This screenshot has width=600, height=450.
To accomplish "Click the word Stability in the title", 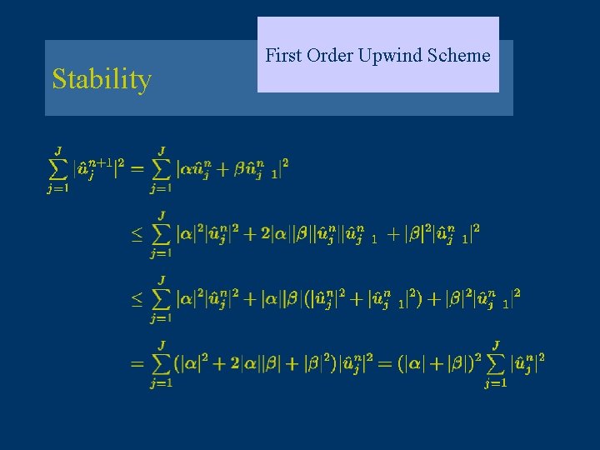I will coord(102,80).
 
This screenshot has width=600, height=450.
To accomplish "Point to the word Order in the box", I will coord(329,56).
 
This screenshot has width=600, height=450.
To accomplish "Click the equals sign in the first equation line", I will coord(136,169).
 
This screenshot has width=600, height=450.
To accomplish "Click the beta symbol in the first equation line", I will coord(240,170).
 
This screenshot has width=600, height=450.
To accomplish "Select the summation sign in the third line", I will coord(162,297).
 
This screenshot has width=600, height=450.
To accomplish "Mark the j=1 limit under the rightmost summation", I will coord(496,384).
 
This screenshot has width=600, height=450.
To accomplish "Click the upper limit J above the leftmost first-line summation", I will coord(58,150).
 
